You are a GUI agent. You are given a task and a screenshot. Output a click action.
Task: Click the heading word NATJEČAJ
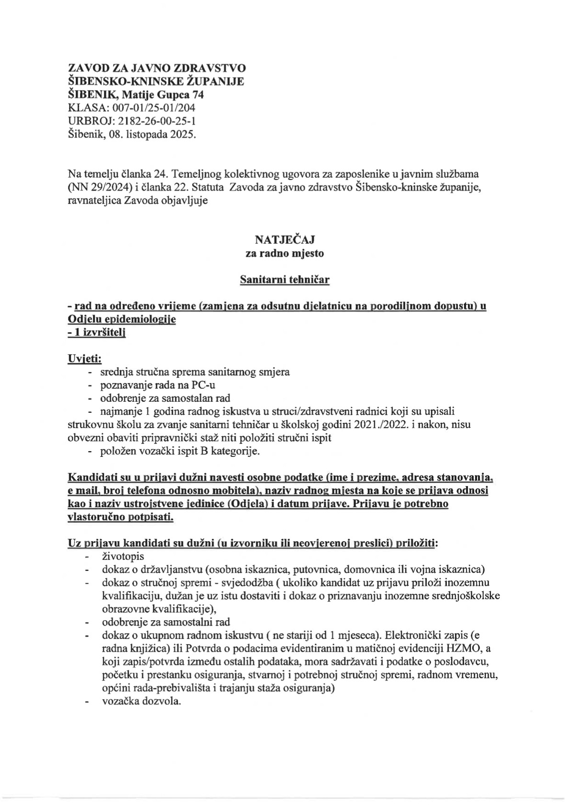pyautogui.click(x=285, y=239)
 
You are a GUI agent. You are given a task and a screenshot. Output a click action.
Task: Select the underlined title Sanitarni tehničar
pyautogui.click(x=285, y=280)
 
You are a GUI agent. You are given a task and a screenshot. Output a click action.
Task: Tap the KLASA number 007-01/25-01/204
pyautogui.click(x=153, y=108)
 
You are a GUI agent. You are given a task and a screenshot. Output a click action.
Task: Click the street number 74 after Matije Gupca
pyautogui.click(x=198, y=95)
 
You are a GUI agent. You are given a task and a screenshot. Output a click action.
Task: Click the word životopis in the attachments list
pyautogui.click(x=123, y=556)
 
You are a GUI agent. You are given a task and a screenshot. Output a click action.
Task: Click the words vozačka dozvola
pyautogui.click(x=141, y=702)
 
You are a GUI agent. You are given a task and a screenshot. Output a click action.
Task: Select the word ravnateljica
pyautogui.click(x=95, y=201)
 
